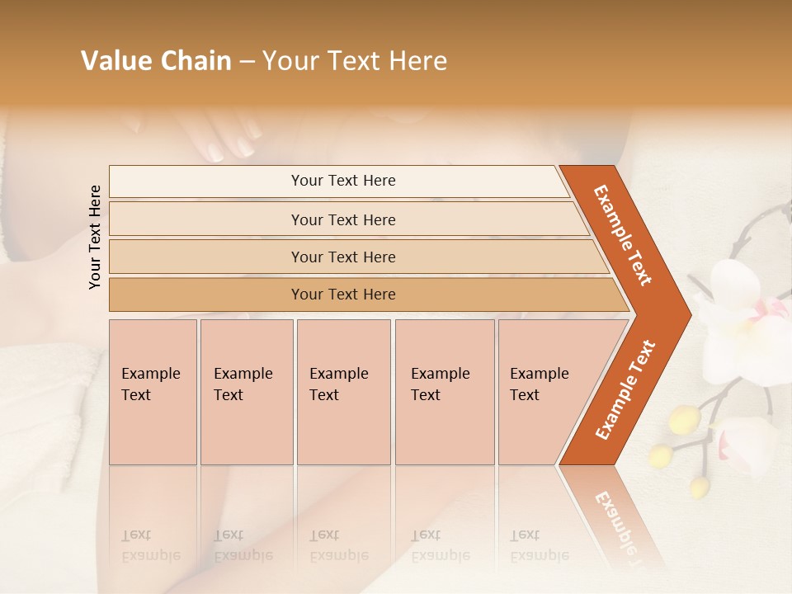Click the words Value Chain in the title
point(156,61)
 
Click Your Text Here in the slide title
point(355,61)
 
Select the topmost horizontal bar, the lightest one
point(342,181)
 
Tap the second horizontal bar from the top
point(342,219)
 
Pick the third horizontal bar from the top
point(342,257)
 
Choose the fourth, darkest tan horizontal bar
point(342,295)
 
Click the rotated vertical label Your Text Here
point(95,237)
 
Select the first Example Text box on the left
point(152,392)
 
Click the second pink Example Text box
point(246,392)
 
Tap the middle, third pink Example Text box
point(343,392)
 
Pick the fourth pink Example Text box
point(444,392)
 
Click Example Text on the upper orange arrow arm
point(623,235)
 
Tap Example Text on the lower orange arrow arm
point(625,390)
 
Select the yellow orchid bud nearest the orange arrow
point(684,419)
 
